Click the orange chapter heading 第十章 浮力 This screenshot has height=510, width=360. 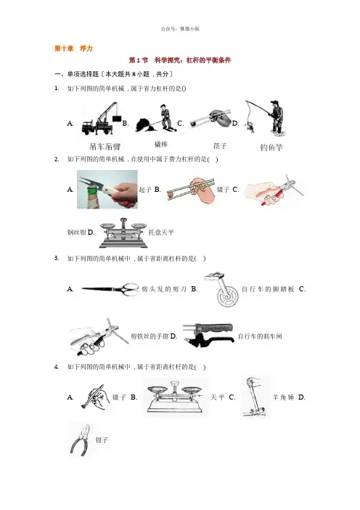point(73,49)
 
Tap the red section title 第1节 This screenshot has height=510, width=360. point(139,60)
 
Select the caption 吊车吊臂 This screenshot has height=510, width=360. point(105,147)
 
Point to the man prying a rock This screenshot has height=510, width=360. point(156,118)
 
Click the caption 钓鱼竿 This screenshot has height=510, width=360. point(271,147)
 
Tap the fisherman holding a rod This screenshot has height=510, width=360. point(265,118)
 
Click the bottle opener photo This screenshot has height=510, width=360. point(107,190)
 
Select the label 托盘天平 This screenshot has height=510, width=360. point(161,232)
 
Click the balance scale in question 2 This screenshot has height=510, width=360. point(123,233)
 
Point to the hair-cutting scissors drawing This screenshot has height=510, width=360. point(110,288)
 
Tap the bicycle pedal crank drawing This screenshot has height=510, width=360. point(221,289)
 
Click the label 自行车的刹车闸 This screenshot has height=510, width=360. point(260,336)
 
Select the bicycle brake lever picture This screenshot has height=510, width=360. point(208,335)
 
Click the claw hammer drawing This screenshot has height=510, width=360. point(255,397)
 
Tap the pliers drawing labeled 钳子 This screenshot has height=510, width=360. point(80,440)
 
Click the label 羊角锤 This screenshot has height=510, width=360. point(283,397)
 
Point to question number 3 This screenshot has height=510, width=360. point(57,258)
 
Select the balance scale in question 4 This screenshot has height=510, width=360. point(175,397)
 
